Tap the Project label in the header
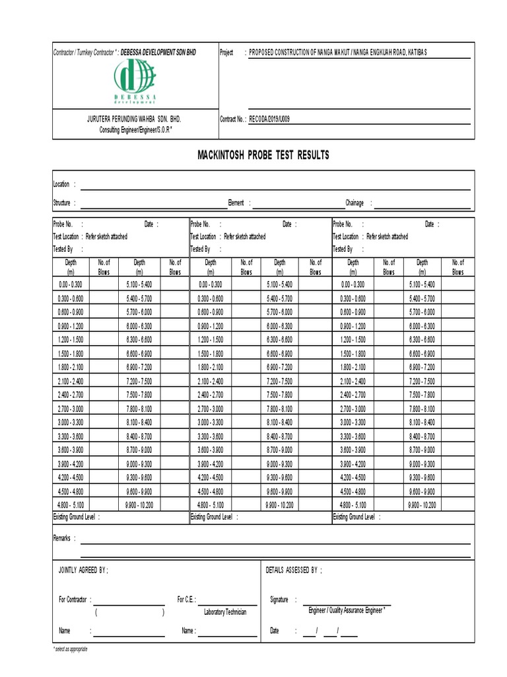[x=226, y=52]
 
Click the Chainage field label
[x=355, y=204]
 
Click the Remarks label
[x=61, y=539]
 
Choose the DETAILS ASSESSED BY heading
[x=293, y=569]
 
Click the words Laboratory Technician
[x=225, y=612]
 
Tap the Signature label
[x=279, y=600]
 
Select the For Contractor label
[x=73, y=600]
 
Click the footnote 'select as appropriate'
[x=71, y=649]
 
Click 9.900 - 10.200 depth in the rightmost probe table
[x=422, y=504]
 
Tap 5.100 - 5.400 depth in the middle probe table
[x=279, y=284]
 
